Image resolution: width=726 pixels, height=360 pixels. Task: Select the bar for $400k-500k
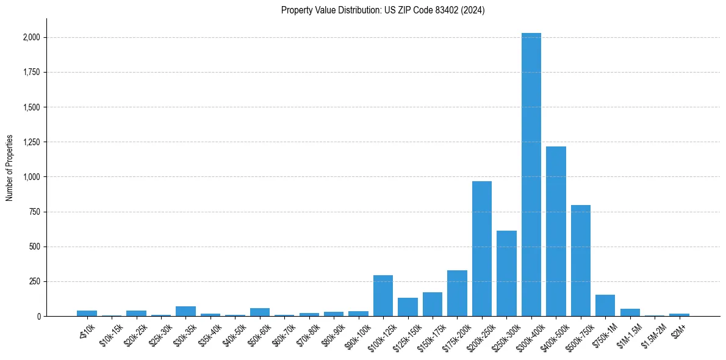556,231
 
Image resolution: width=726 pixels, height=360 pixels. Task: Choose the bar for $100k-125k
383,296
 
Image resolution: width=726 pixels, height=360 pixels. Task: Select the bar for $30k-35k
185,311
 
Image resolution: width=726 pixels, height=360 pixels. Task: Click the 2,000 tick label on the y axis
32,38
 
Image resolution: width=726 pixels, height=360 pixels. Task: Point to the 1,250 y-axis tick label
32,142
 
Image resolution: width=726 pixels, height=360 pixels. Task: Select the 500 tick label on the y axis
35,247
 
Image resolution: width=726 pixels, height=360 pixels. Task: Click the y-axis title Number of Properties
10,168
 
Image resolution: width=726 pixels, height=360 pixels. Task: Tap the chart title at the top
383,10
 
